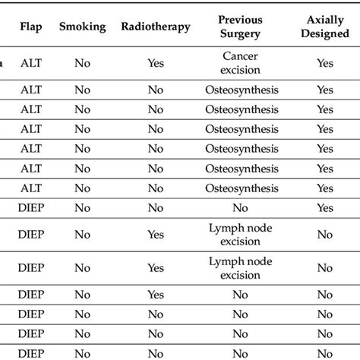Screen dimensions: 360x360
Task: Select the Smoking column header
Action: coord(81,27)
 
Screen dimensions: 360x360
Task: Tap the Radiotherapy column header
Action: coord(155,27)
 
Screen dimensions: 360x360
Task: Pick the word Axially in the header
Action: coord(325,18)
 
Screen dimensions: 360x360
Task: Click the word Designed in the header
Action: coord(325,33)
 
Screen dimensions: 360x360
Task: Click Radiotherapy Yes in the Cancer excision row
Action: coord(155,64)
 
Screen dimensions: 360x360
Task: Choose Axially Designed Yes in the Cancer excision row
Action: coord(325,64)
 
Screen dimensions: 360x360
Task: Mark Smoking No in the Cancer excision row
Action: coord(81,64)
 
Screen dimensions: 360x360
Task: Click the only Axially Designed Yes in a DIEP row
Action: coord(325,207)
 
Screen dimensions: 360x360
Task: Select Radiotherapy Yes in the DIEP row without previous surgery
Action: coord(155,295)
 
